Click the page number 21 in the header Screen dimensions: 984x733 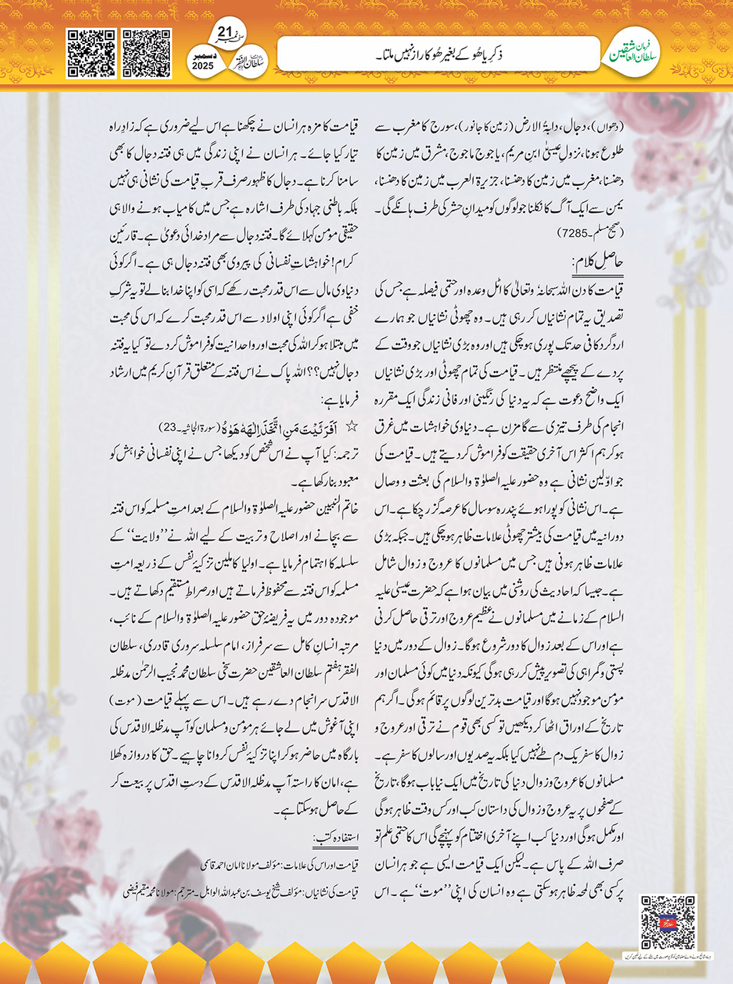pyautogui.click(x=225, y=32)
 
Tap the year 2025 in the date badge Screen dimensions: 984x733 pyautogui.click(x=203, y=66)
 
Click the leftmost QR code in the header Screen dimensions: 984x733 pyautogui.click(x=91, y=53)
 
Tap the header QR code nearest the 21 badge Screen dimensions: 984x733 pyautogui.click(x=146, y=53)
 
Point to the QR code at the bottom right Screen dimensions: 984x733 pyautogui.click(x=667, y=922)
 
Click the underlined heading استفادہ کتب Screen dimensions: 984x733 pyautogui.click(x=336, y=837)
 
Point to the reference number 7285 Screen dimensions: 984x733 pyautogui.click(x=575, y=232)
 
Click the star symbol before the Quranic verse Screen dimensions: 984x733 pyautogui.click(x=351, y=427)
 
